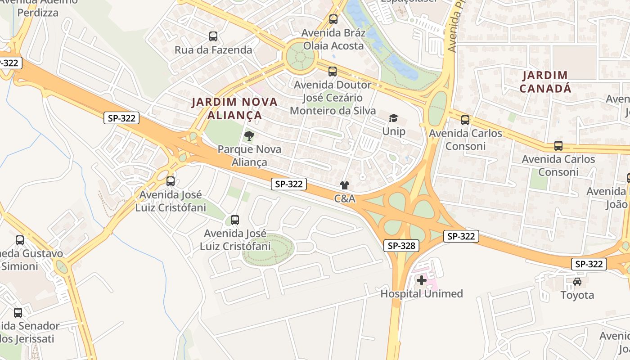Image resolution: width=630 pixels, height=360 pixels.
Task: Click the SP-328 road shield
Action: click(402, 246)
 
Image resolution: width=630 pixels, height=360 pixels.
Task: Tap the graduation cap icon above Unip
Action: click(394, 118)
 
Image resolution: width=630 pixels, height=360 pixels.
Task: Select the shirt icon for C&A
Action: click(345, 185)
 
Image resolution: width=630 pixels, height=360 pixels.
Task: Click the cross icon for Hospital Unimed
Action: click(422, 280)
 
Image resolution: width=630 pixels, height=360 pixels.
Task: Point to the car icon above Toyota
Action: click(577, 282)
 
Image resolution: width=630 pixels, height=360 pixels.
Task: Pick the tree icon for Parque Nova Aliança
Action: click(249, 136)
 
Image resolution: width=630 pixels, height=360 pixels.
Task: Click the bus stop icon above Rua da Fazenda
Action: click(213, 36)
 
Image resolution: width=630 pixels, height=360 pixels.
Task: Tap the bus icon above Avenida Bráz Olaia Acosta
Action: click(333, 19)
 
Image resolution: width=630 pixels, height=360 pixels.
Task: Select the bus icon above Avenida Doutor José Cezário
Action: click(333, 72)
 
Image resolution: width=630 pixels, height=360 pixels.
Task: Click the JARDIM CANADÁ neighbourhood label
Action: click(545, 82)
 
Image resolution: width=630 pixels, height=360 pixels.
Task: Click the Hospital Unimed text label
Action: click(422, 294)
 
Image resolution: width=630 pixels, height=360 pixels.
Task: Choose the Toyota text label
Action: click(577, 295)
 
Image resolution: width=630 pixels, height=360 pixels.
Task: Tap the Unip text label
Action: click(394, 131)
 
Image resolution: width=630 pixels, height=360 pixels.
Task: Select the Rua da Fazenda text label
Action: click(213, 50)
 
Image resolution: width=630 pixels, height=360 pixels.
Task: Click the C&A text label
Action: click(345, 198)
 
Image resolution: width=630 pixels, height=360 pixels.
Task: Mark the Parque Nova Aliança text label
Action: click(249, 156)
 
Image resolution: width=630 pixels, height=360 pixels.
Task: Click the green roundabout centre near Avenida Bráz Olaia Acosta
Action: click(301, 57)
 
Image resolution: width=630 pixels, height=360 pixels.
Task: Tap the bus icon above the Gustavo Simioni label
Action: click(20, 240)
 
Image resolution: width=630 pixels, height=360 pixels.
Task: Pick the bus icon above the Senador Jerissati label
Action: click(18, 312)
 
